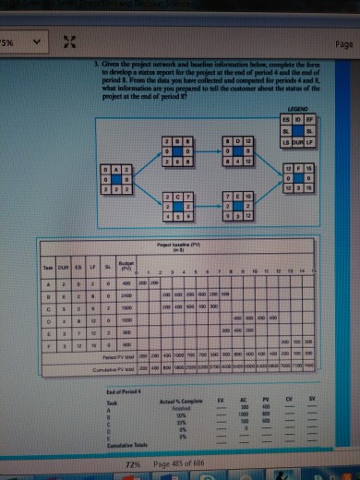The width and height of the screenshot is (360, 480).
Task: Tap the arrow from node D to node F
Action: tap(267, 161)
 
